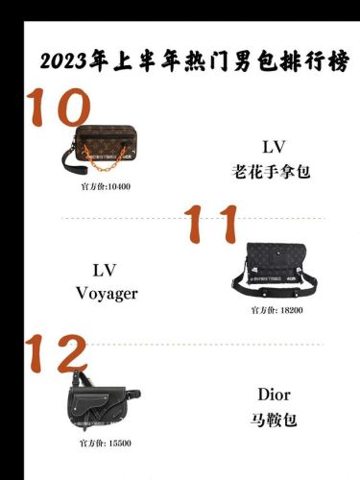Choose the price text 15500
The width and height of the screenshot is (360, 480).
(117, 443)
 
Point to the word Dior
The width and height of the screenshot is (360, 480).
(274, 395)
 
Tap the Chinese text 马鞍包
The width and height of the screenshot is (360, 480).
(274, 420)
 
